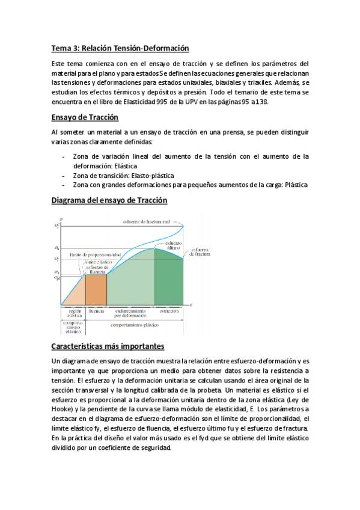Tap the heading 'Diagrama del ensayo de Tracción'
coord(109,200)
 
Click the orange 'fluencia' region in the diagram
coord(96,289)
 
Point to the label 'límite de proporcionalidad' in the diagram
coord(95,255)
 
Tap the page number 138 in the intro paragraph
coord(261,102)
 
